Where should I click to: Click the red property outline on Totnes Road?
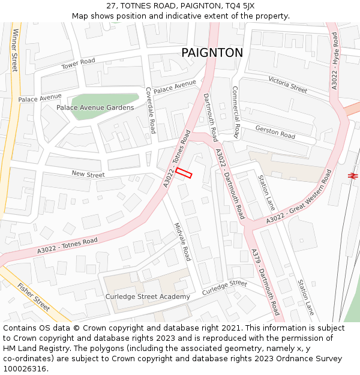click(184, 173)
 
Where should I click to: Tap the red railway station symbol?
click(352, 175)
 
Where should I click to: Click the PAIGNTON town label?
click(212, 53)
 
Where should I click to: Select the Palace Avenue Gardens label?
click(95, 107)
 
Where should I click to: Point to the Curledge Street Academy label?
click(148, 296)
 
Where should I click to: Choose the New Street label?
click(88, 175)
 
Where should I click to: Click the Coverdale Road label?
click(151, 110)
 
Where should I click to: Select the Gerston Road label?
click(275, 132)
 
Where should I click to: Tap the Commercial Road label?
click(236, 112)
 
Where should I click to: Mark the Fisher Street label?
click(34, 296)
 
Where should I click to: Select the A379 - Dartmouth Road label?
click(265, 282)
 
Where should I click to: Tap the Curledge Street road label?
click(224, 287)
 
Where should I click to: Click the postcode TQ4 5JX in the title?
click(239, 6)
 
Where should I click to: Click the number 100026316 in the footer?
click(24, 368)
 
